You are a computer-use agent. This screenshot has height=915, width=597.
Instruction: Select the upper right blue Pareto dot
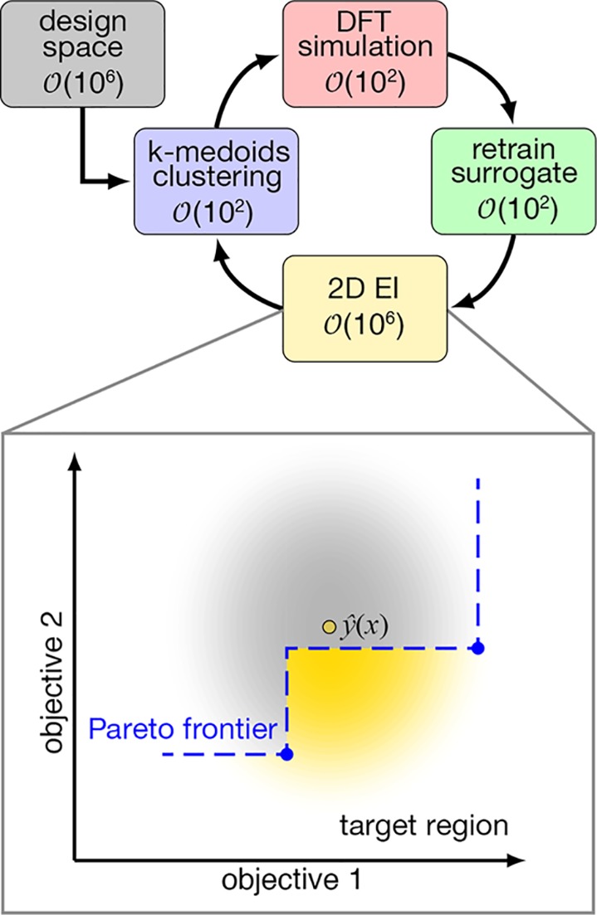(477, 648)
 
